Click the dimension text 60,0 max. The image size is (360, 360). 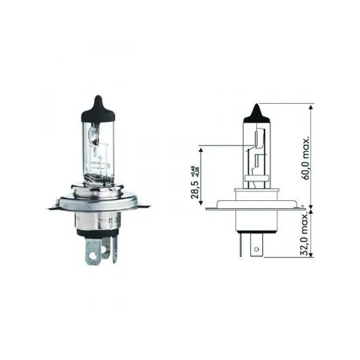point(306,155)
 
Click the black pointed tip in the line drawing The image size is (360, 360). point(256,112)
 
